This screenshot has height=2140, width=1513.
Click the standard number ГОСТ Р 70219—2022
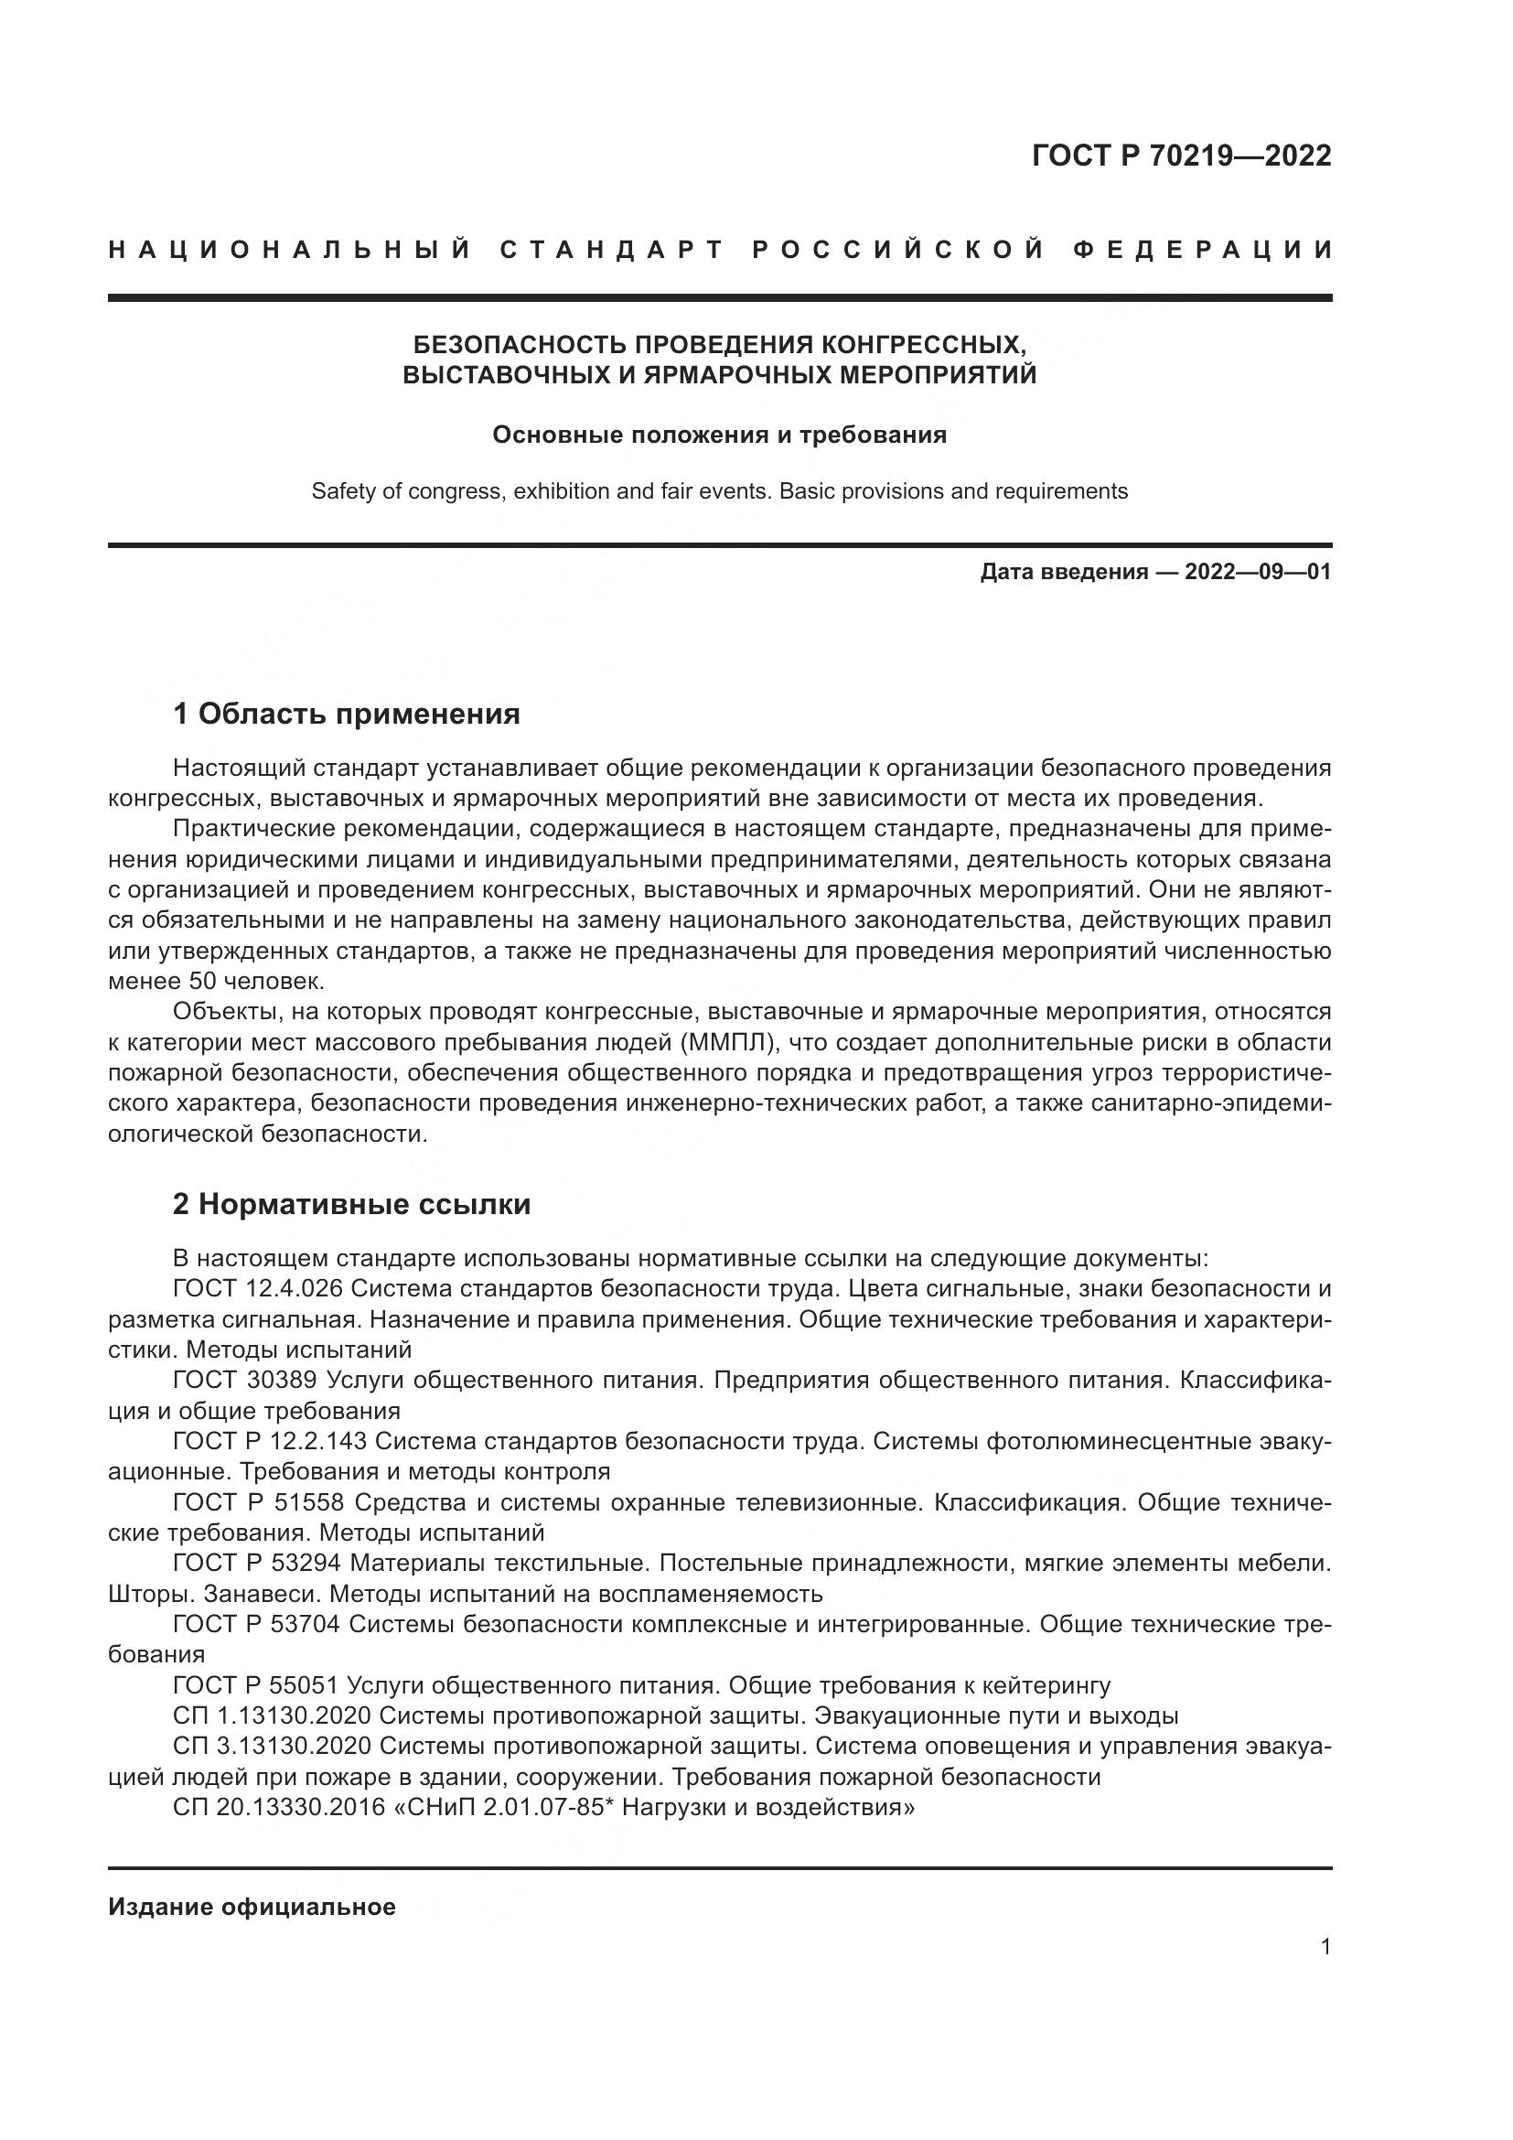[1180, 156]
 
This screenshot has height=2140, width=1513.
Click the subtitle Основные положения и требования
[719, 436]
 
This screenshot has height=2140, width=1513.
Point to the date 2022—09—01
[1257, 572]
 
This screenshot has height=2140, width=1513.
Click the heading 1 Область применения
[346, 715]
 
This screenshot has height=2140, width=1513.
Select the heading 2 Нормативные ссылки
[351, 1204]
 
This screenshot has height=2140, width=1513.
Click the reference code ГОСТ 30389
[245, 1381]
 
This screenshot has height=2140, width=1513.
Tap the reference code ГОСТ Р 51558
[258, 1502]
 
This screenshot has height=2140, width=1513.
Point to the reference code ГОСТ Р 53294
[258, 1563]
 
